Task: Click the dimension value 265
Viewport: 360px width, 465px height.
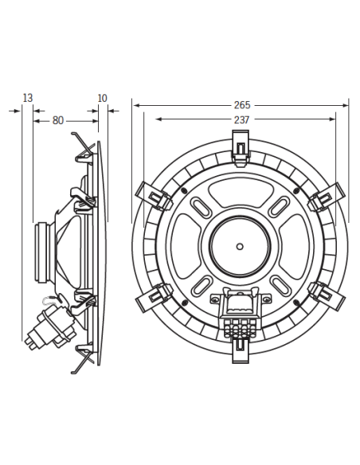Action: coord(241,104)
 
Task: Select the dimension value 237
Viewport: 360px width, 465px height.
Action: coord(241,119)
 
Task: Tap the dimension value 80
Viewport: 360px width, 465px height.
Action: coord(58,120)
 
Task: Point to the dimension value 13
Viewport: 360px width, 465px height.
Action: coord(28,98)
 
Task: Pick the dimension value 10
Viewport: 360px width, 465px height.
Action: coord(102,98)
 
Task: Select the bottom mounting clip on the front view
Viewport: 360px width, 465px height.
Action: coord(240,350)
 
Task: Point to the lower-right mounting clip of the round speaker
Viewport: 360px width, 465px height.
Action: coord(329,296)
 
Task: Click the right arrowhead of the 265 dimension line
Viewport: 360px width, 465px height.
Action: coord(346,104)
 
